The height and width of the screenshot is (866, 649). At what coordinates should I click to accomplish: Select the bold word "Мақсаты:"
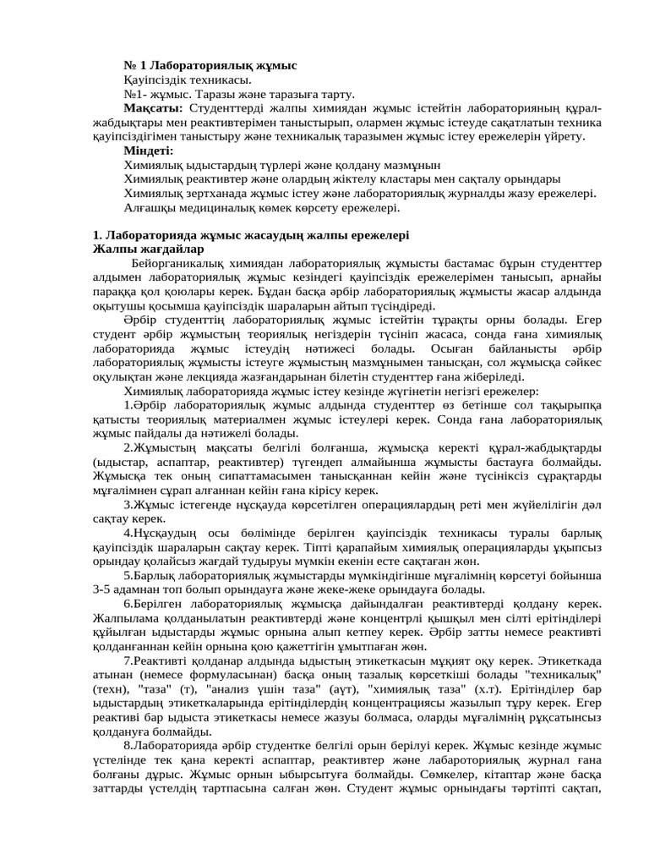click(153, 109)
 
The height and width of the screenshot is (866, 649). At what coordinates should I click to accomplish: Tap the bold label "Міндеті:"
click(148, 151)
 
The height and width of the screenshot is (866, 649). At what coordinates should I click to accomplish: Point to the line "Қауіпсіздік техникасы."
click(176, 80)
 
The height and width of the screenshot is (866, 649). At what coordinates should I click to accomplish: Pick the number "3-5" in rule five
click(105, 589)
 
